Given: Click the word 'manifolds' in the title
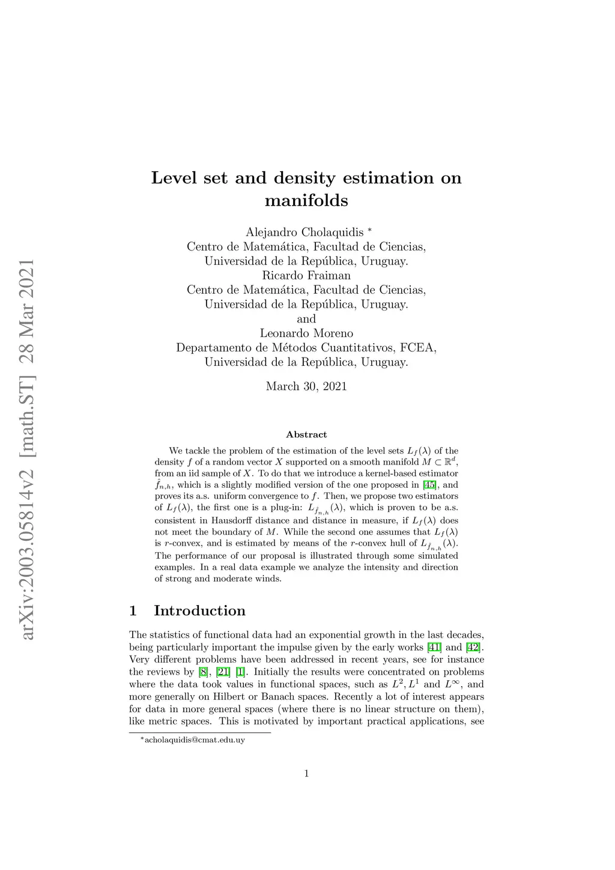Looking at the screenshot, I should [x=306, y=200].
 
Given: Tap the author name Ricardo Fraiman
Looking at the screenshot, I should [x=306, y=276].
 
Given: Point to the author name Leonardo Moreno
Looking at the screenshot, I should [x=306, y=333].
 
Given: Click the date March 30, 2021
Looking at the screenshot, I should [x=306, y=386].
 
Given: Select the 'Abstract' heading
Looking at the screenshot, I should [x=306, y=434].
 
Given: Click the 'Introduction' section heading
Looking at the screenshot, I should [x=199, y=611].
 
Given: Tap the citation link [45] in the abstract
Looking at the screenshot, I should [x=430, y=485].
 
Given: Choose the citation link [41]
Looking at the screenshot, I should [x=434, y=648].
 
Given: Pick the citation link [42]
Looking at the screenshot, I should [x=474, y=648].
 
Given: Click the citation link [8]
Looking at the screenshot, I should [x=204, y=672].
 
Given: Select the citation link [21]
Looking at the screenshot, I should [x=223, y=672].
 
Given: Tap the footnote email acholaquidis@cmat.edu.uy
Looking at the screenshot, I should [x=195, y=740].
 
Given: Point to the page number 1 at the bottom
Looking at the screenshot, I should [x=306, y=774].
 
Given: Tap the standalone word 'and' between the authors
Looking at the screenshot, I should [x=306, y=319].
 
